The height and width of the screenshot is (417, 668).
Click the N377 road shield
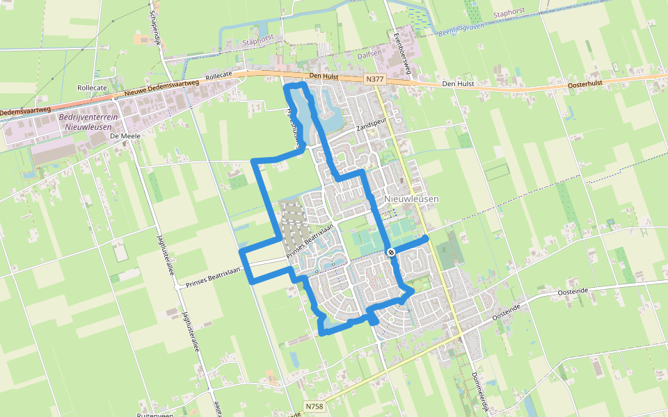(x=374, y=80)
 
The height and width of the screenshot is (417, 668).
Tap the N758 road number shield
(x=315, y=405)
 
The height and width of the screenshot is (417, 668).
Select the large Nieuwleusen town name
(x=411, y=199)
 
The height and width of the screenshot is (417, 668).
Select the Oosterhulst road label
(x=584, y=83)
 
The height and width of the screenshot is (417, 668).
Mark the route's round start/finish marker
(x=392, y=252)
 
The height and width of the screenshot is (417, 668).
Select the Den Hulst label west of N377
(x=323, y=76)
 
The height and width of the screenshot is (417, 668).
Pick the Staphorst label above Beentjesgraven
(x=506, y=13)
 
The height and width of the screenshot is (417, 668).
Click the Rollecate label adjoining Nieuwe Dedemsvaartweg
(x=218, y=74)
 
